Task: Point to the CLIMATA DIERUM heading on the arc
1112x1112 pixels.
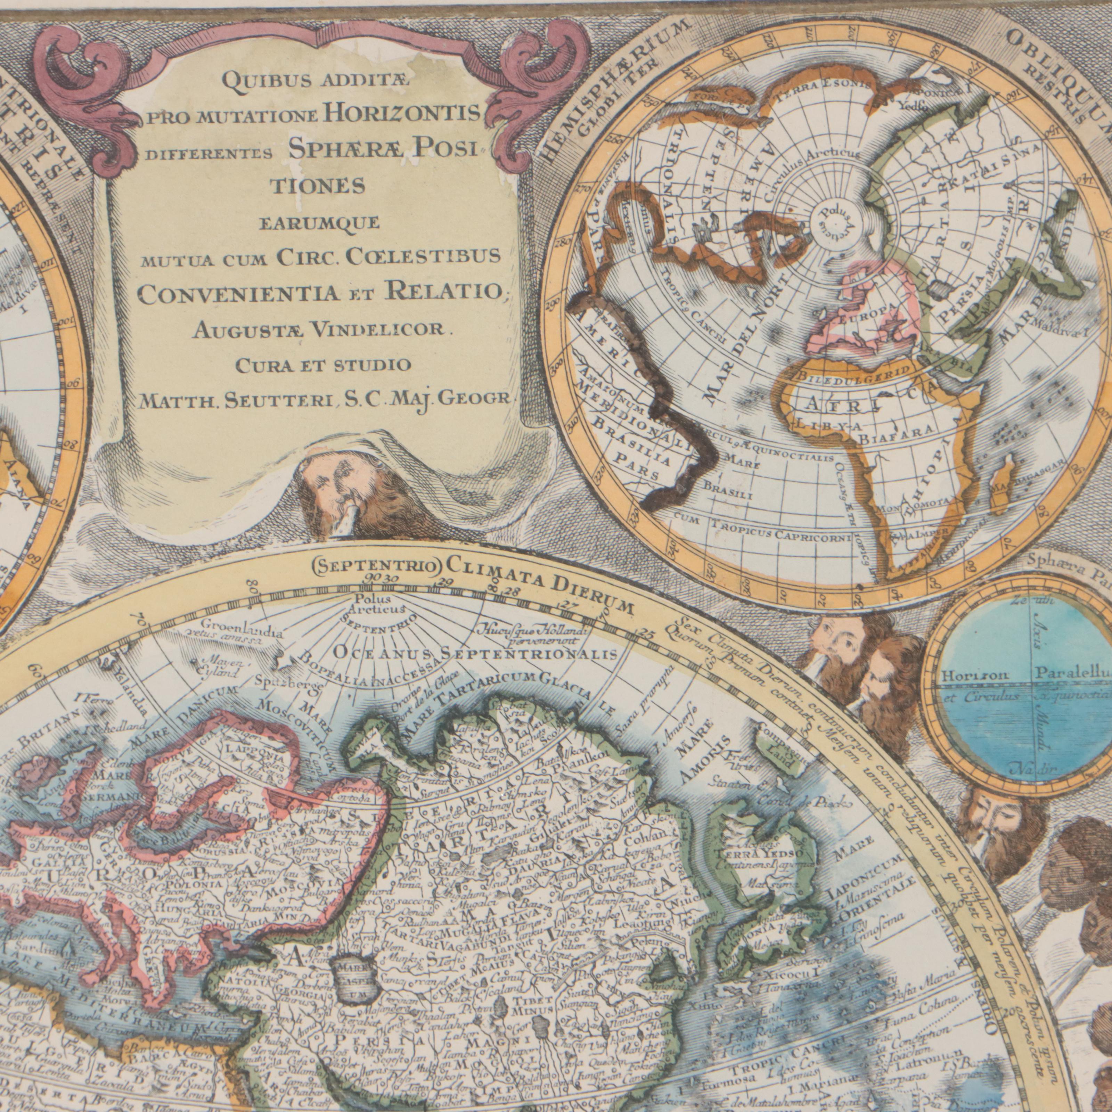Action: tap(538, 580)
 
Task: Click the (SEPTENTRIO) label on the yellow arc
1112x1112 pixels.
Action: tap(376, 567)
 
